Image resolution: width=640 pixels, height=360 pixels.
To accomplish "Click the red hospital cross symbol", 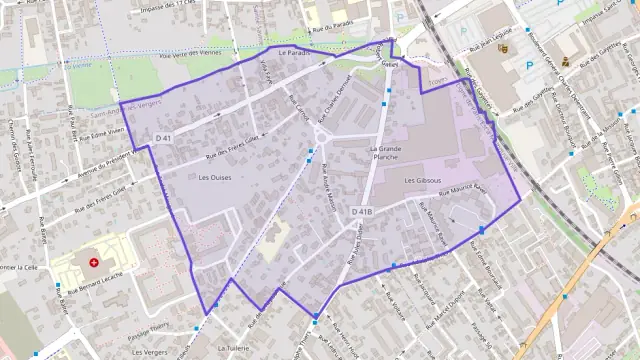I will (x=94, y=262).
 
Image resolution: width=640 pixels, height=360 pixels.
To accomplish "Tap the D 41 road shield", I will (x=164, y=137).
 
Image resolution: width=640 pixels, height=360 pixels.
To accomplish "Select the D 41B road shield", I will (x=362, y=212).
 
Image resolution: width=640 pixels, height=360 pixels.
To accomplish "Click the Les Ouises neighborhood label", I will (x=215, y=177).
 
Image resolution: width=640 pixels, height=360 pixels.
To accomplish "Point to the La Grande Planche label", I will (x=385, y=152).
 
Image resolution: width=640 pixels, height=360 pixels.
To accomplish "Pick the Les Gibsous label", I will (x=422, y=180).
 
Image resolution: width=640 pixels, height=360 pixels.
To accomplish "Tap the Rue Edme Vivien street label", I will (x=103, y=131).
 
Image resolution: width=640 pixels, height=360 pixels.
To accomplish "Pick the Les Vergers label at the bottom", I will (x=150, y=352).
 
